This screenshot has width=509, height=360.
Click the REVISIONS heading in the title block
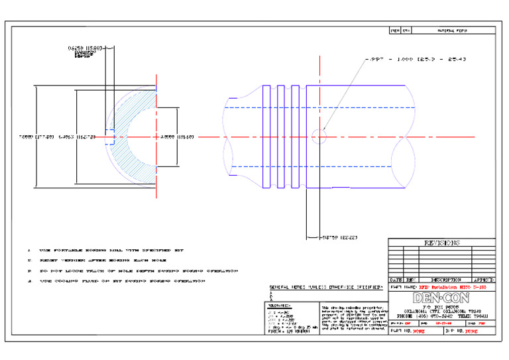(x=441, y=243)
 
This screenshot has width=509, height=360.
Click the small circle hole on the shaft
(x=319, y=136)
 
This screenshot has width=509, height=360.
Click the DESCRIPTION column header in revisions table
(x=443, y=280)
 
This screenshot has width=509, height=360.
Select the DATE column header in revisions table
(x=396, y=280)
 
